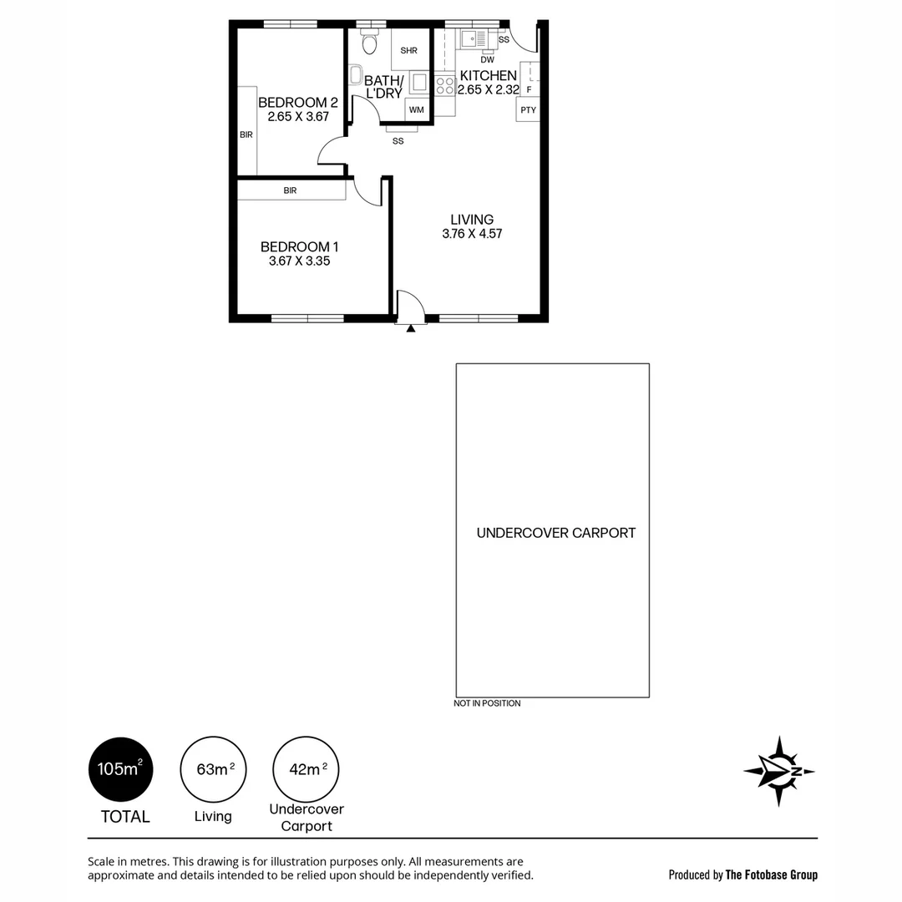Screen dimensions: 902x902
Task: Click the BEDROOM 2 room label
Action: pos(298,103)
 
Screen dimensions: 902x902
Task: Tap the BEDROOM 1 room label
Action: pos(299,246)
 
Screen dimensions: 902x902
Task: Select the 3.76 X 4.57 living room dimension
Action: pos(472,234)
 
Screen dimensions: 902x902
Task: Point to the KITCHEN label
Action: pos(488,75)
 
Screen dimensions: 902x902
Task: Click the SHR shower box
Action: pos(408,51)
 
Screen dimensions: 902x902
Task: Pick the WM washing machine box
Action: pos(416,110)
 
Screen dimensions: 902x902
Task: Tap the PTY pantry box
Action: pos(528,109)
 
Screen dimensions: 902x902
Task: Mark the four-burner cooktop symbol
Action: pos(444,84)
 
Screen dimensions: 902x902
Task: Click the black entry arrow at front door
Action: pos(410,329)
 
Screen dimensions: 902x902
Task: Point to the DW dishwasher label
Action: pos(488,59)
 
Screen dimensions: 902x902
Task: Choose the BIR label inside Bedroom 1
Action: pos(290,190)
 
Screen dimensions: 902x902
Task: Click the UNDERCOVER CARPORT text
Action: pos(555,533)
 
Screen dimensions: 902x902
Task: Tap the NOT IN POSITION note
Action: pos(487,703)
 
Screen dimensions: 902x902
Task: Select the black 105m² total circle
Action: pos(121,769)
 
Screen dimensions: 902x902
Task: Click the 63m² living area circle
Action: pos(213,769)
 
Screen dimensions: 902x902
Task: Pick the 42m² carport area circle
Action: pos(306,769)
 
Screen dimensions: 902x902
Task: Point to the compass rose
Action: pos(778,771)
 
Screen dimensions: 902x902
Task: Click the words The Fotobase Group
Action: pos(771,875)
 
